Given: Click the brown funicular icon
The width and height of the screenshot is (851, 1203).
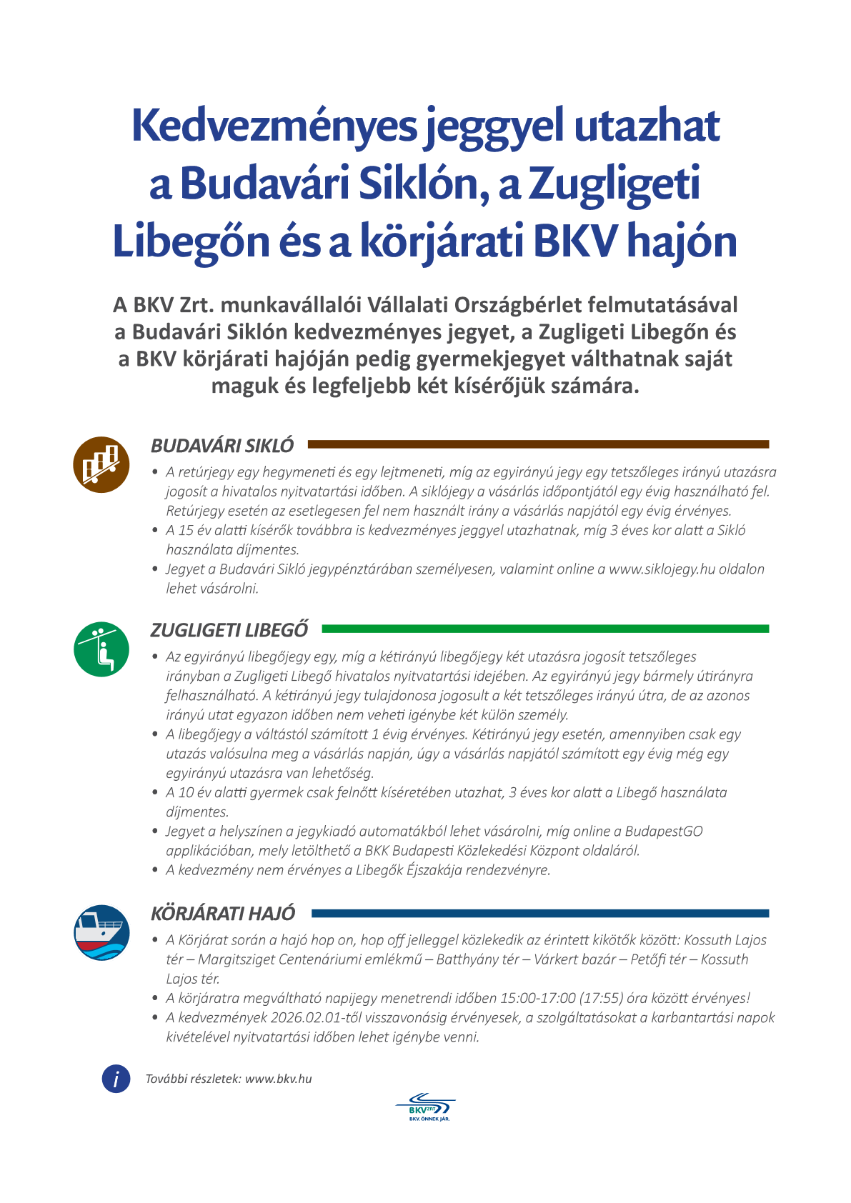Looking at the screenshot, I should [101, 464].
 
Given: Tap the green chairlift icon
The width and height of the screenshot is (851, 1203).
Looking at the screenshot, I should [101, 649].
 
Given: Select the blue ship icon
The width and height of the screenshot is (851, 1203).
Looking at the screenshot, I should [101, 932].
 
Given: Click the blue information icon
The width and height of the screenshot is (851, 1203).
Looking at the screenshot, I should [116, 1079].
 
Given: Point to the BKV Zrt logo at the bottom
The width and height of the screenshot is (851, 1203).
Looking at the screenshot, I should [426, 1108].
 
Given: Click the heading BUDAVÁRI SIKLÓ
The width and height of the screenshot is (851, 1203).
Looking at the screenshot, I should [222, 446].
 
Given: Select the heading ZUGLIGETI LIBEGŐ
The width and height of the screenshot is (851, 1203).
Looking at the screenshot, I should [229, 630].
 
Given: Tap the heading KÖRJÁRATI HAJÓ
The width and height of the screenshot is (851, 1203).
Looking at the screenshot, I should [223, 914].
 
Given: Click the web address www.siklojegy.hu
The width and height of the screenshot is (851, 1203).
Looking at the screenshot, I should [662, 569].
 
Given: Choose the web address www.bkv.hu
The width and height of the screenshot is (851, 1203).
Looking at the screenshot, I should [278, 1079].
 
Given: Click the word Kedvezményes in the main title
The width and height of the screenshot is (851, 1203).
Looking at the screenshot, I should [273, 126].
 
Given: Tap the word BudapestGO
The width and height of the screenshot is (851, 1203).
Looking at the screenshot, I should [664, 832].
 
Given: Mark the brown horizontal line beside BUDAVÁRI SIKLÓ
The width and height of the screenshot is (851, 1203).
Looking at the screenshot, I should [538, 444].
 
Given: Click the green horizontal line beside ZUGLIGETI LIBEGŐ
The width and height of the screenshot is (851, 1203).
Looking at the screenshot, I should [545, 629].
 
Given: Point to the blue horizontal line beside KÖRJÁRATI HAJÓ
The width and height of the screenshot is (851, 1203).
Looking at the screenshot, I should [540, 913].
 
